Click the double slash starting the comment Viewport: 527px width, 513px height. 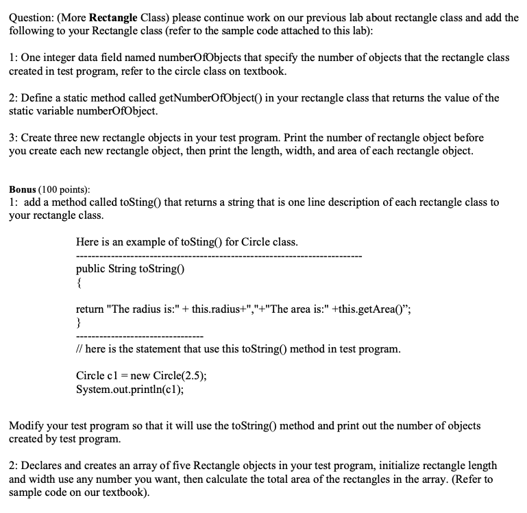click(79, 349)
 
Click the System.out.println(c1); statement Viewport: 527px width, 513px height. click(130, 390)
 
